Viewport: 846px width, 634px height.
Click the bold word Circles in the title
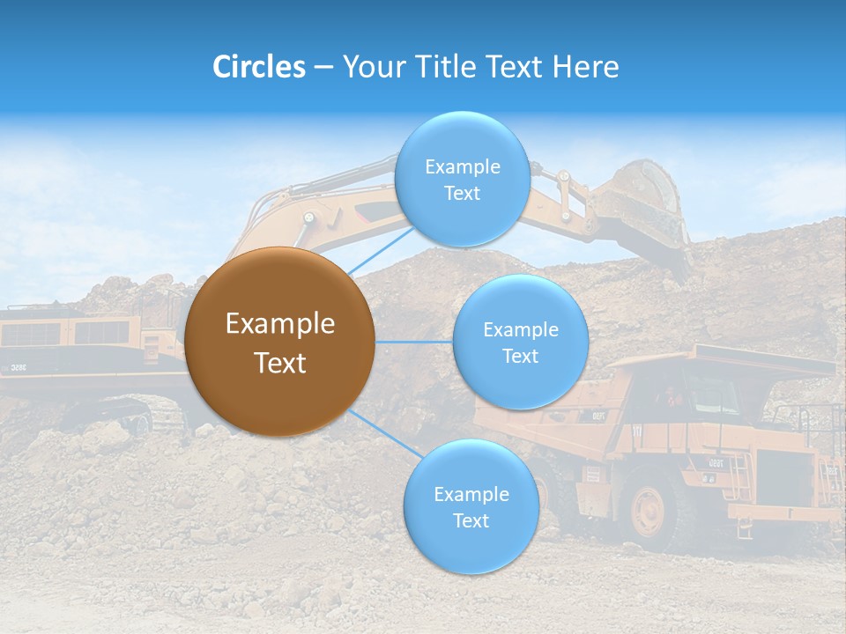click(259, 67)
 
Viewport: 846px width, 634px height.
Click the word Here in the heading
click(585, 67)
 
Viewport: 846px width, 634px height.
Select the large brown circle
click(279, 342)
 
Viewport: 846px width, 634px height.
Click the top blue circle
click(462, 179)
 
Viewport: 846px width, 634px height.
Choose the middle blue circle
click(520, 342)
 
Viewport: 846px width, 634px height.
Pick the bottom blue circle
click(471, 507)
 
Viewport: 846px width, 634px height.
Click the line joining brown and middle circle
click(413, 342)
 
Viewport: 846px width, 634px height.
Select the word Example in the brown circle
click(279, 324)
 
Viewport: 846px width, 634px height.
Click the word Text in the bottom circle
click(471, 521)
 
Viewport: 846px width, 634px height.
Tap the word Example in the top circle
click(462, 166)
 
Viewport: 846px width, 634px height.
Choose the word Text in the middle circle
click(520, 356)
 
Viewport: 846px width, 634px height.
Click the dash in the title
click(323, 67)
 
